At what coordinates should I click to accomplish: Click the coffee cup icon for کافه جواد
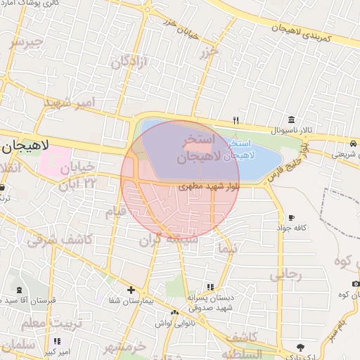[291, 217]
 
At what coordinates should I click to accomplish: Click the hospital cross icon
[131, 289]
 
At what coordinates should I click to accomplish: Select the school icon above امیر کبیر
[57, 341]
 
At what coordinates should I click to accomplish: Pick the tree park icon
[301, 347]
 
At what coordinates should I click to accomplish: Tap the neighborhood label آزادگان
[130, 62]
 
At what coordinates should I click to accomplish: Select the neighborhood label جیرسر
[26, 41]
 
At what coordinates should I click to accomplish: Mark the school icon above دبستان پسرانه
[210, 286]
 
